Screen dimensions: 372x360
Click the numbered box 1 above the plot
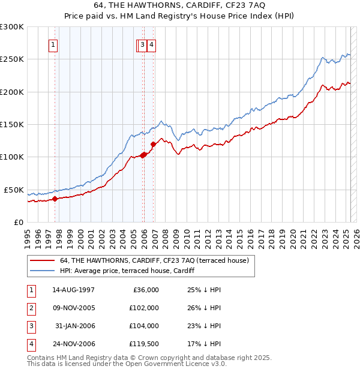coord(53,44)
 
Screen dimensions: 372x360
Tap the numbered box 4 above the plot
coord(152,44)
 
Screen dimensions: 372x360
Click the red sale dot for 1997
coord(55,199)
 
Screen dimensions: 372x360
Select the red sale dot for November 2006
coord(153,144)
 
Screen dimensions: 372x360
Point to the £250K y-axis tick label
coord(12,59)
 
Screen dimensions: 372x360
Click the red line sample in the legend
coord(42,260)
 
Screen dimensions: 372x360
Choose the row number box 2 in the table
coord(31,308)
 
